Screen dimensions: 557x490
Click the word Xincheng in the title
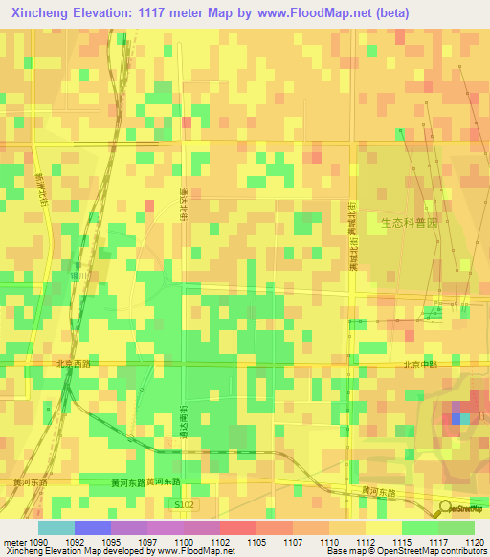pos(38,13)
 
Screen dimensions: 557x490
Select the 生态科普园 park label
pos(408,222)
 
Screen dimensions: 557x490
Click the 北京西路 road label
pos(74,364)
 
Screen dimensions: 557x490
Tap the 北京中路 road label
pos(418,364)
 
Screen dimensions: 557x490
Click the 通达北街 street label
pos(183,203)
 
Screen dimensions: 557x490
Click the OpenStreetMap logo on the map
pos(463,509)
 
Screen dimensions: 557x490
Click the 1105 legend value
pos(256,541)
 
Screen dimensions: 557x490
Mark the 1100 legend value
pos(184,541)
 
